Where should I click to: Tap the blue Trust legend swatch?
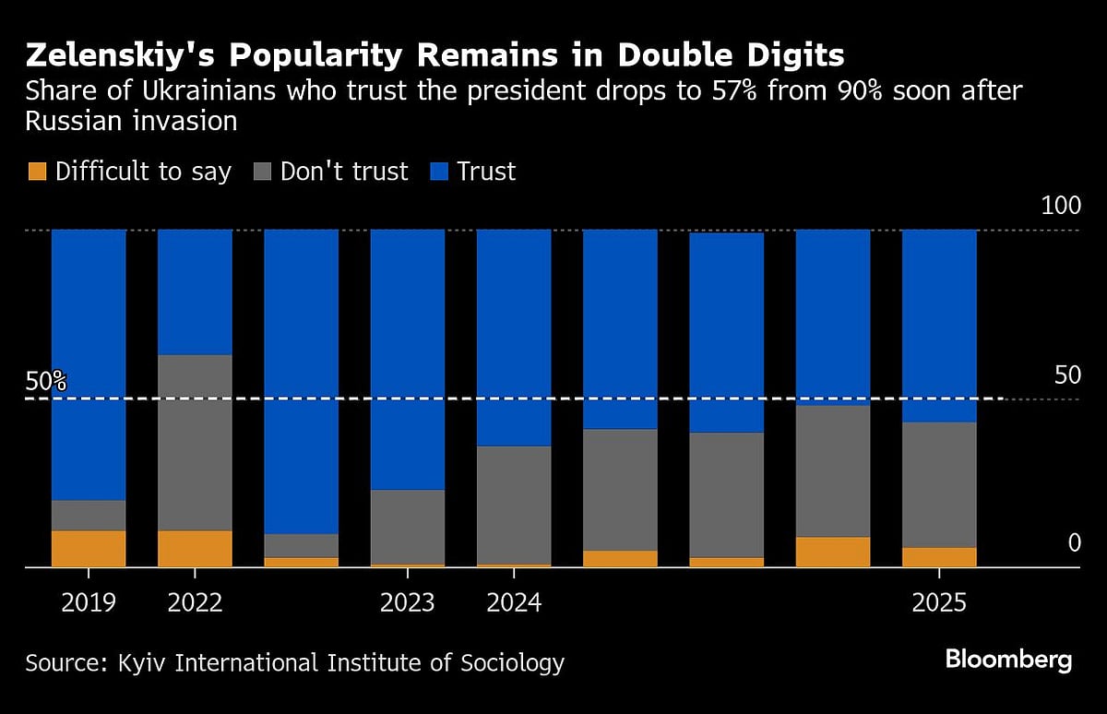pyautogui.click(x=438, y=172)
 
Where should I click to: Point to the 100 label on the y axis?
pyautogui.click(x=1060, y=206)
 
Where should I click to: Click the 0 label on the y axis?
pyautogui.click(x=1073, y=543)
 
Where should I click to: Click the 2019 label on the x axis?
pyautogui.click(x=89, y=603)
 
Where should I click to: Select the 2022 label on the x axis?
pyautogui.click(x=195, y=603)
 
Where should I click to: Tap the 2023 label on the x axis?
pyautogui.click(x=408, y=603)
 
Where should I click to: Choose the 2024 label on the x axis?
pyautogui.click(x=514, y=603)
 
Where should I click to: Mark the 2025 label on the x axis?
pyautogui.click(x=939, y=603)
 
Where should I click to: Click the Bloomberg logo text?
pyautogui.click(x=1008, y=660)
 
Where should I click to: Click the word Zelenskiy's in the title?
pyautogui.click(x=119, y=56)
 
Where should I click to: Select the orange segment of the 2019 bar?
pyautogui.click(x=89, y=549)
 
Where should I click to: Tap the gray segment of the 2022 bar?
pyautogui.click(x=195, y=443)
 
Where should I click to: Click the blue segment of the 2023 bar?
pyautogui.click(x=408, y=360)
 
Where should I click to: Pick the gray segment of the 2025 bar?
pyautogui.click(x=939, y=484)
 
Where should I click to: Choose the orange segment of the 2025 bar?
pyautogui.click(x=939, y=557)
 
